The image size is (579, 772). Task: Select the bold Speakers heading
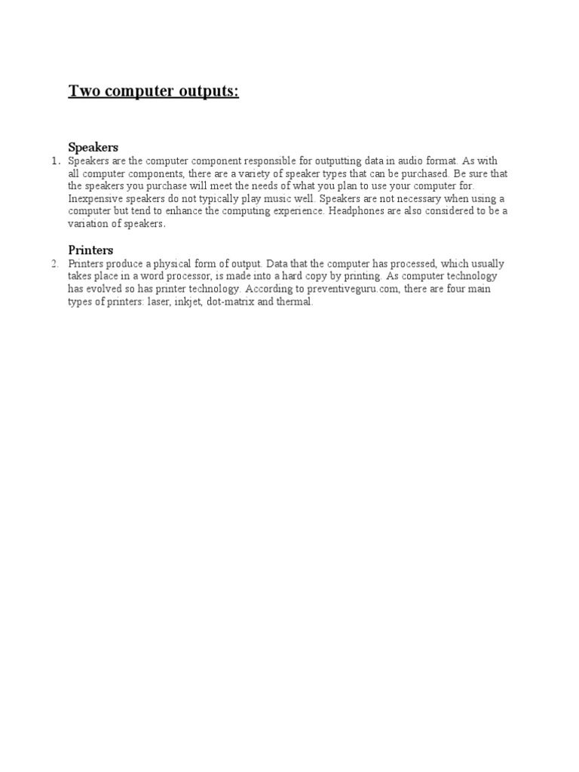click(93, 148)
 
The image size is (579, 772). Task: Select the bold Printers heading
click(90, 250)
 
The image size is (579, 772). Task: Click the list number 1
click(54, 161)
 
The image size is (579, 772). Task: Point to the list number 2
click(54, 264)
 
